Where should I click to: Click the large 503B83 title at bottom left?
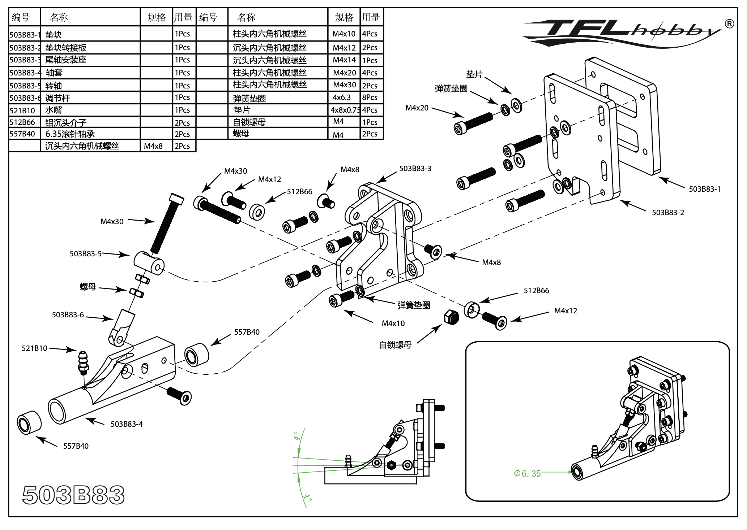pyautogui.click(x=73, y=495)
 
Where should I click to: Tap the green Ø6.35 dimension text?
pyautogui.click(x=527, y=473)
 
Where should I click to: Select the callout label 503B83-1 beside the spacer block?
pyautogui.click(x=704, y=189)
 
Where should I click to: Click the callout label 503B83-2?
pyautogui.click(x=668, y=213)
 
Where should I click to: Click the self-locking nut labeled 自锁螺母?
pyautogui.click(x=451, y=317)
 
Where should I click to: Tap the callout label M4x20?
pyautogui.click(x=417, y=108)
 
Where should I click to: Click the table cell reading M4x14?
pyautogui.click(x=344, y=60)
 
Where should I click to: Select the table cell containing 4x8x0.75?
pyautogui.click(x=345, y=110)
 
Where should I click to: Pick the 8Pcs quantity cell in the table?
pyautogui.click(x=370, y=97)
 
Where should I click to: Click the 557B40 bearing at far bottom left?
pyautogui.click(x=29, y=422)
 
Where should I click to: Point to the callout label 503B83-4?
pyautogui.click(x=127, y=424)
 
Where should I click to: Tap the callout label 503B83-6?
pyautogui.click(x=68, y=315)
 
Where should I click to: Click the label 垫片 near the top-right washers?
pyautogui.click(x=474, y=75)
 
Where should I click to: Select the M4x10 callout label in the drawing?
pyautogui.click(x=393, y=323)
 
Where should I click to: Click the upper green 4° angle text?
pyautogui.click(x=297, y=436)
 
